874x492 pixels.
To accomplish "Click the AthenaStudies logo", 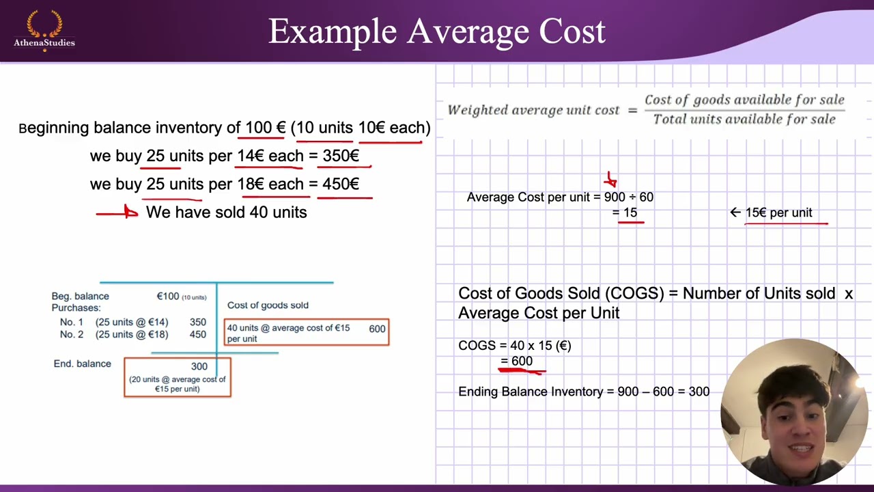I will (x=44, y=31).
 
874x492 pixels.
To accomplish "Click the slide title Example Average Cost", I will (x=437, y=31).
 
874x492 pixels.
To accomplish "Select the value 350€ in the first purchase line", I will (x=341, y=156).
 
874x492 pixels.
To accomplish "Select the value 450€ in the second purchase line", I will (x=341, y=184).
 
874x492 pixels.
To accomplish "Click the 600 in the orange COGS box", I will (x=377, y=329).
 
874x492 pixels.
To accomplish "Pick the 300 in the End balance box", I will (x=199, y=366).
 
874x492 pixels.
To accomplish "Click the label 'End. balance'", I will (x=82, y=364).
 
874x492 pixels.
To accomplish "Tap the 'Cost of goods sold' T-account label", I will (x=268, y=305).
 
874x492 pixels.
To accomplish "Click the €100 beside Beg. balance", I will (x=168, y=296).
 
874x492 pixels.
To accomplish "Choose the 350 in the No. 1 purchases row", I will (x=198, y=322).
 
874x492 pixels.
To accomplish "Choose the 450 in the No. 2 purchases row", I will (x=198, y=334).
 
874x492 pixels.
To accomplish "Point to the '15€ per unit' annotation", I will (x=778, y=213).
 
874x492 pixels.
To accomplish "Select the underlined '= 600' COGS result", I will (x=517, y=361).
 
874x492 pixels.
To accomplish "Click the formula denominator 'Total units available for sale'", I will (x=744, y=119).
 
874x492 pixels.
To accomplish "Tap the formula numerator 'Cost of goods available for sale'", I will (x=744, y=100).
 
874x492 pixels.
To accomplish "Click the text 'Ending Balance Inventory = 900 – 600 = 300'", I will (x=584, y=392).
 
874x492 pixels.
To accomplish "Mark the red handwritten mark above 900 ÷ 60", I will (x=610, y=180).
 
